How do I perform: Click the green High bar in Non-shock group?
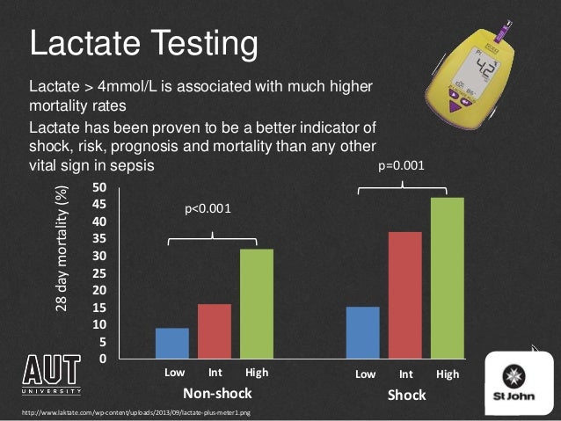257,304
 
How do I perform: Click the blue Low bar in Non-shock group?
172,344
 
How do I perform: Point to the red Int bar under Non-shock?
215,331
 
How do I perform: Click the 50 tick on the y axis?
99,187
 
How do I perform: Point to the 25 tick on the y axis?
99,273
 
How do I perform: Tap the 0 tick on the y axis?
103,359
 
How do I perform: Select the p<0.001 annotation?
208,209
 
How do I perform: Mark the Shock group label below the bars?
406,395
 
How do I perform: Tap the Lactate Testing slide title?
144,41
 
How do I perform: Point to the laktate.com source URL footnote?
127,412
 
